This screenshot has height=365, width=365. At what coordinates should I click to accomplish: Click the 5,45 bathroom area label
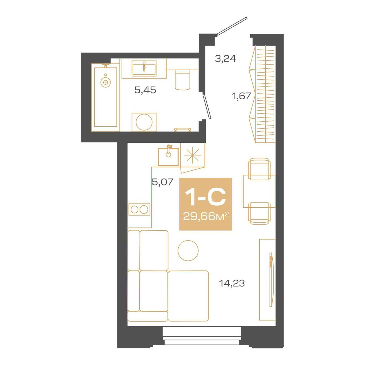pyautogui.click(x=145, y=90)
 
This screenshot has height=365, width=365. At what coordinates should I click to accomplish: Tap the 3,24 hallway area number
pyautogui.click(x=226, y=59)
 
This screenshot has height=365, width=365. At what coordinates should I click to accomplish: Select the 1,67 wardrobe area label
pyautogui.click(x=241, y=96)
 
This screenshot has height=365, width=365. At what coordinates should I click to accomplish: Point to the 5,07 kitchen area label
pyautogui.click(x=163, y=182)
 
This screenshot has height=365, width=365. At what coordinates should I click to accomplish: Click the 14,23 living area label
pyautogui.click(x=232, y=283)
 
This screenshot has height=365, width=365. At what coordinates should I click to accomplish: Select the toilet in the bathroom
pyautogui.click(x=182, y=79)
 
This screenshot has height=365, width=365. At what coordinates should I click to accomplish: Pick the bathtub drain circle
pyautogui.click(x=106, y=82)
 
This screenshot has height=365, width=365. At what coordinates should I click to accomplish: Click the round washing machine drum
pyautogui.click(x=144, y=122)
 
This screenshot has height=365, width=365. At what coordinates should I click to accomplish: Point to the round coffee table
pyautogui.click(x=188, y=250)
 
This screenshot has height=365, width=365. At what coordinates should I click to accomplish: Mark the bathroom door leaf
pyautogui.click(x=207, y=107)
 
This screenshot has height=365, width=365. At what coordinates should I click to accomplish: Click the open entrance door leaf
pyautogui.click(x=232, y=26)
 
